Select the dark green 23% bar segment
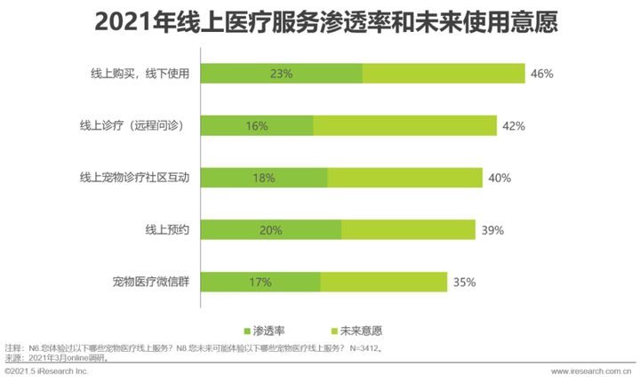pyautogui.click(x=281, y=74)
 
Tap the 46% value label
pyautogui.click(x=541, y=74)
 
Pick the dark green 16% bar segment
pyautogui.click(x=257, y=126)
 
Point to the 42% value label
pyautogui.click(x=513, y=126)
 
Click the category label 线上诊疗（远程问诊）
pyautogui.click(x=132, y=126)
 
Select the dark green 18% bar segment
pyautogui.click(x=263, y=179)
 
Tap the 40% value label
pyautogui.click(x=499, y=179)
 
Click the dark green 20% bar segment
pyautogui.click(x=270, y=230)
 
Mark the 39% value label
pyautogui.click(x=492, y=230)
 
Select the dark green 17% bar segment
pyautogui.click(x=260, y=283)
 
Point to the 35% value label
pyautogui.click(x=463, y=283)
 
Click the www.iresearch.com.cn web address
pyautogui.click(x=590, y=371)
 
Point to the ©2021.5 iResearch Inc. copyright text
pyautogui.click(x=46, y=371)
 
